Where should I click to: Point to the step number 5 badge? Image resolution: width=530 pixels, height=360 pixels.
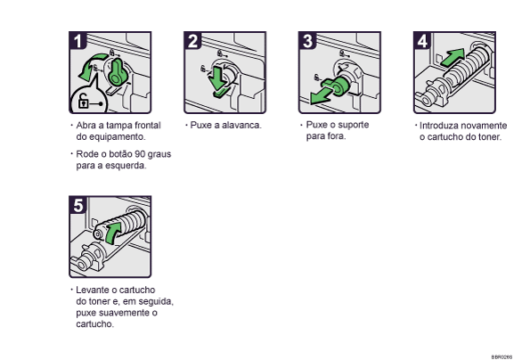tap(80, 207)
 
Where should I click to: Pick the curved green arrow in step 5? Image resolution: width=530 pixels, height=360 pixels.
tap(110, 235)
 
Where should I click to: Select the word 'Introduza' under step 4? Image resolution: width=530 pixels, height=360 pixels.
tap(439, 126)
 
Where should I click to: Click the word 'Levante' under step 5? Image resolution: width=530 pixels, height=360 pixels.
tap(94, 290)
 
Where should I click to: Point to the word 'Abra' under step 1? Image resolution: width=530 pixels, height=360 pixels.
tap(87, 126)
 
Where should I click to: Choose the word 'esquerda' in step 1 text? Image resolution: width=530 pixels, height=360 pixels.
tap(124, 165)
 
